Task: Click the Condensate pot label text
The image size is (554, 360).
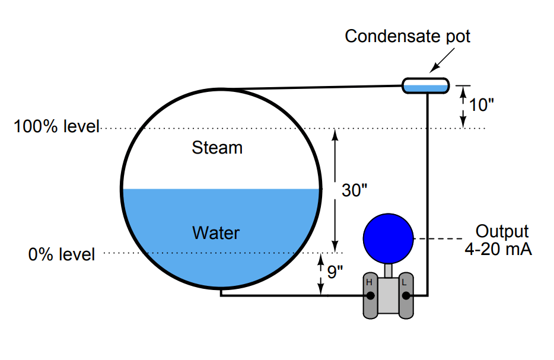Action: coord(407,36)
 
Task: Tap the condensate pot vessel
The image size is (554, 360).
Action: coord(426,86)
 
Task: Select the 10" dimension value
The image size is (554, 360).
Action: coord(481,105)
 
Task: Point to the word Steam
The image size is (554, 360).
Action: coord(217,148)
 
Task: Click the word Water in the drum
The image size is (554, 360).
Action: coord(216,233)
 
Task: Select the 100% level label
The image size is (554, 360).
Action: coord(56,126)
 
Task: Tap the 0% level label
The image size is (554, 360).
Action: coord(62,254)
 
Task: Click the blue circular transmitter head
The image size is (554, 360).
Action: coord(389,238)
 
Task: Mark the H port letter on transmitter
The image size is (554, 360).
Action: coord(369,282)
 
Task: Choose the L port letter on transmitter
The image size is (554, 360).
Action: coord(404,283)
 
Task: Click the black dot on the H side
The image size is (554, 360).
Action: coord(370,296)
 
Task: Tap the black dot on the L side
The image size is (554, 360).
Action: coord(406,296)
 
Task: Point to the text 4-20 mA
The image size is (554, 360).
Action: coord(498,249)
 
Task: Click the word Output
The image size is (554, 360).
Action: coord(502,232)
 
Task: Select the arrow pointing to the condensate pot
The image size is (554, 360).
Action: coord(442,60)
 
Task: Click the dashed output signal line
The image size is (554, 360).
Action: coord(438,239)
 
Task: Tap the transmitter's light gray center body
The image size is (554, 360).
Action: coord(389,295)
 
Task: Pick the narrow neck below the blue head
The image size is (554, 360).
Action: coord(389,270)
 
